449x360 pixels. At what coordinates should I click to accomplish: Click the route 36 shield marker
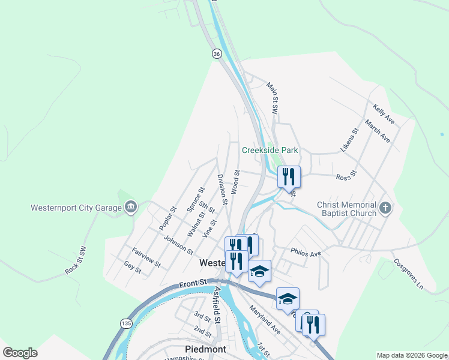(216, 54)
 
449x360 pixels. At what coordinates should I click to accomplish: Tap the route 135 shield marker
(125, 323)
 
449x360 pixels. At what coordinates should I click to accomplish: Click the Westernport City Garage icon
(130, 208)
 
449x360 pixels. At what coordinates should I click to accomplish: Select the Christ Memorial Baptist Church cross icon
(385, 208)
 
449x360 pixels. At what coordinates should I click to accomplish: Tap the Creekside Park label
(270, 150)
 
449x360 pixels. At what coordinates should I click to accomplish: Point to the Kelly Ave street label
(384, 113)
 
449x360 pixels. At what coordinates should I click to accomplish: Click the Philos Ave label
(306, 253)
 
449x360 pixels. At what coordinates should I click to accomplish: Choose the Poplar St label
(167, 218)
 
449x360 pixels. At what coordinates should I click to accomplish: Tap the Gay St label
(132, 267)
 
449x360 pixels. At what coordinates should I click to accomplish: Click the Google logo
(20, 353)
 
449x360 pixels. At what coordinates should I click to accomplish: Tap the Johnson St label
(178, 245)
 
